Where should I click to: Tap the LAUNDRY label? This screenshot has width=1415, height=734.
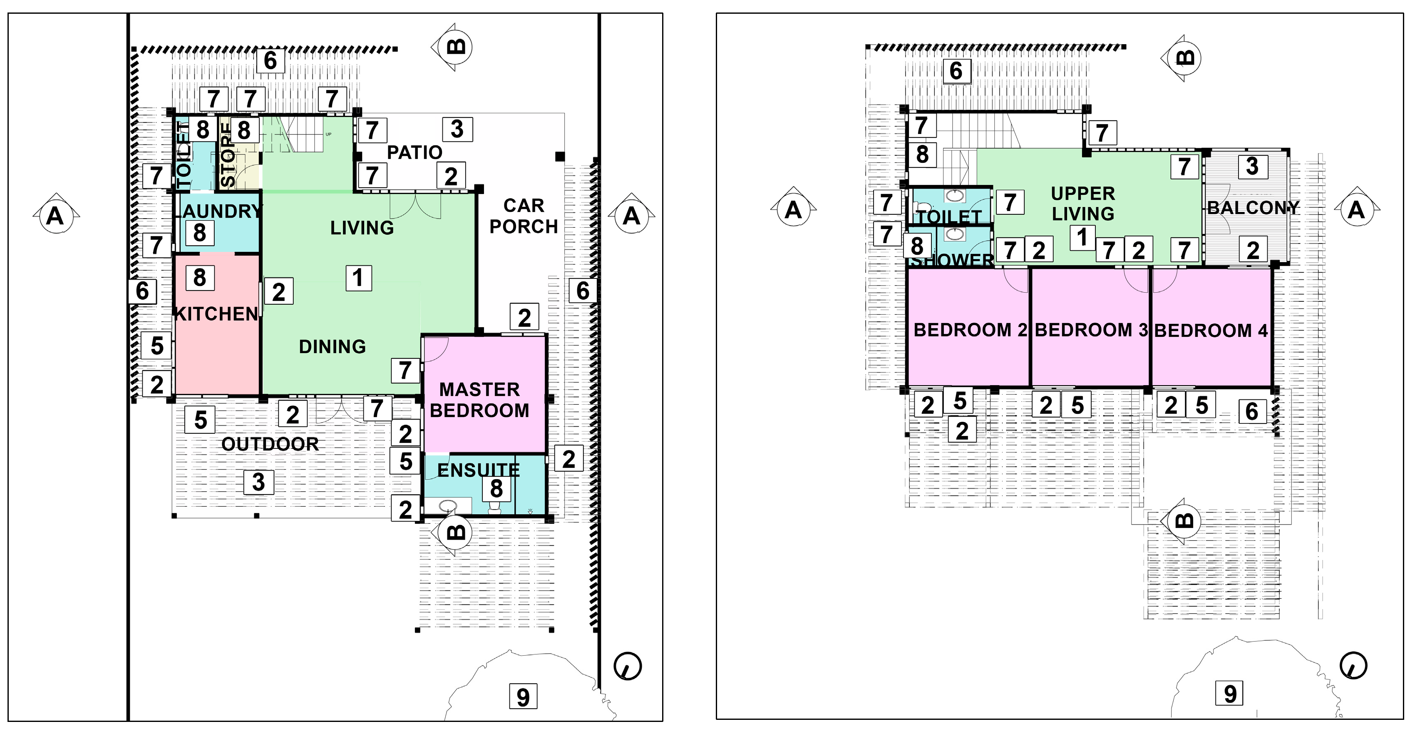coord(218,211)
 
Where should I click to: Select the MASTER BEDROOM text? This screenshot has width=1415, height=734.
coord(479,400)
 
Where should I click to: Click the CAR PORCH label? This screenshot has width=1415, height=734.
coord(524,216)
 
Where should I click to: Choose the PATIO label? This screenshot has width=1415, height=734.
coord(415,152)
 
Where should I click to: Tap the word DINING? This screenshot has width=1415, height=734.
coord(333,347)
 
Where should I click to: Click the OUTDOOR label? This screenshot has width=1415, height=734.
coord(270,444)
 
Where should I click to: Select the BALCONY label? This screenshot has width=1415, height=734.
coord(1253,208)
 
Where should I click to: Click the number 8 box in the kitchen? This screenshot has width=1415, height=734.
coord(199,277)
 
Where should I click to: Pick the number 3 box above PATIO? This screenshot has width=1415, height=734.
coord(457,129)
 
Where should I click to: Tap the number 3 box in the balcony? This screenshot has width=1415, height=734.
coord(1252,166)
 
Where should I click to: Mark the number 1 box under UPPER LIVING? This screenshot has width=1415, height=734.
coord(1082,237)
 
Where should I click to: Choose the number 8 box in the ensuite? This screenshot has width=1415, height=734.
coord(496,488)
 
